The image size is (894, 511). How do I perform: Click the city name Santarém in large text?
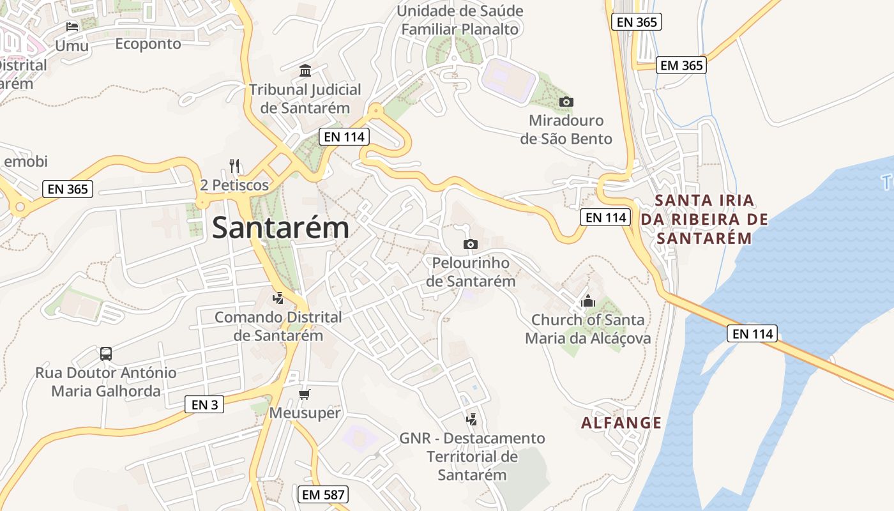[281, 228]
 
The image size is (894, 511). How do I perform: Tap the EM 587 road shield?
[324, 494]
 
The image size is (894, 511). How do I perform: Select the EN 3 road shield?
[204, 404]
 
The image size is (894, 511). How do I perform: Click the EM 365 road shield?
[681, 65]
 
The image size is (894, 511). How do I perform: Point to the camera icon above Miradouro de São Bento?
[566, 102]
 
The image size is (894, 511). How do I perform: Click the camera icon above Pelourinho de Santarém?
[471, 244]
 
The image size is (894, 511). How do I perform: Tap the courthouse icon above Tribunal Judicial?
[305, 70]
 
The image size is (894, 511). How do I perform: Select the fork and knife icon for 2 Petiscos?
[234, 166]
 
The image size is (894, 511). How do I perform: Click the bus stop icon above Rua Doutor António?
[106, 353]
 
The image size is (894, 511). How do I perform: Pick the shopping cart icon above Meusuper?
[305, 394]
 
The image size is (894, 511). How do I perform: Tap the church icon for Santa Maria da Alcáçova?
[588, 301]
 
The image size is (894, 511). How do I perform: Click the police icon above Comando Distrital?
[278, 298]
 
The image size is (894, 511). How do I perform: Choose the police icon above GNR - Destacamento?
[472, 419]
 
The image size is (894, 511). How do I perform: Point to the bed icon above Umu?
[72, 27]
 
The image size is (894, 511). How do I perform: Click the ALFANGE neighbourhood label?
[621, 423]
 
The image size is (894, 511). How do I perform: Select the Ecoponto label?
[148, 44]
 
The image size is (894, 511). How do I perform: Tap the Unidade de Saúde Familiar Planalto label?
[460, 20]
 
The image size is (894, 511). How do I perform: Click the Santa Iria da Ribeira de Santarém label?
[704, 219]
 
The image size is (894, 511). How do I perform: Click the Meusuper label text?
[305, 413]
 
